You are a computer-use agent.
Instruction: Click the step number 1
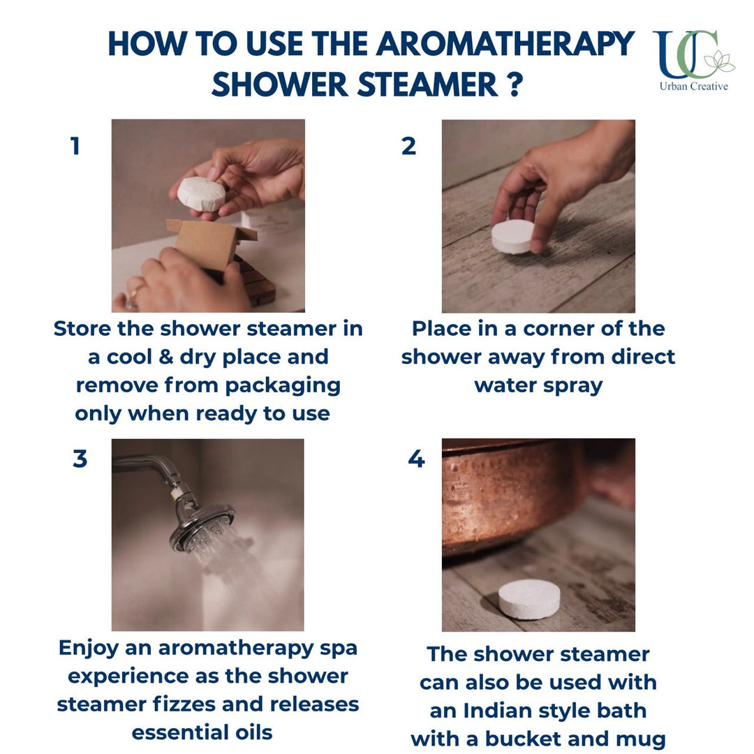[x=75, y=146]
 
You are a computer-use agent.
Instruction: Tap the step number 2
[x=408, y=146]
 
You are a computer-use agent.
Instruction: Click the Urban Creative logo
[x=694, y=60]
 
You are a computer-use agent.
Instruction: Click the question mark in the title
[x=515, y=84]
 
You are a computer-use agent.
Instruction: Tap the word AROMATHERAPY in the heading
[x=505, y=44]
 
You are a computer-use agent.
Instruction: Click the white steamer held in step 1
[x=201, y=194]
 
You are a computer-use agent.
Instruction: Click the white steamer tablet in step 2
[x=513, y=237]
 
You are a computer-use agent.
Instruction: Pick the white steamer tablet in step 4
[x=529, y=599]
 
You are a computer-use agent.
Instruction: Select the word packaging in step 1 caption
[x=283, y=386]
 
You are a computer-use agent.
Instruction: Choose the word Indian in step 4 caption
[x=492, y=711]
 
